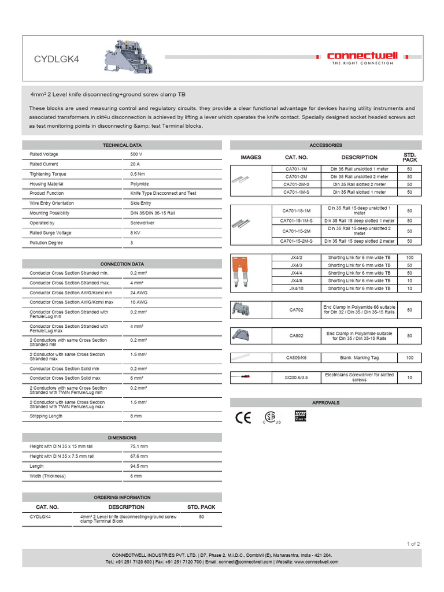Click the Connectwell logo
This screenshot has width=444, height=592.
coord(362,58)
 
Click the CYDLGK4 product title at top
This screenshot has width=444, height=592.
coord(56,58)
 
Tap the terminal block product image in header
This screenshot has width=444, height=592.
coord(128,57)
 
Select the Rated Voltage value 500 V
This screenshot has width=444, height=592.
coord(136,154)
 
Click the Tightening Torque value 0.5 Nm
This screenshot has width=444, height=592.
coord(138,174)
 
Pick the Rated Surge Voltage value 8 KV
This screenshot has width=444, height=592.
coord(136,233)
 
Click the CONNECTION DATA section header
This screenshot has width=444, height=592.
coord(122,264)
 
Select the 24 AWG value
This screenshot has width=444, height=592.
coord(139,293)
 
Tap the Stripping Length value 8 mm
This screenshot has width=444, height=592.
coord(136,416)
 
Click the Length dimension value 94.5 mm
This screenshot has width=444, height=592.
coord(139,466)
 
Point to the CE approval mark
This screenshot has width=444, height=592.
coord(243,417)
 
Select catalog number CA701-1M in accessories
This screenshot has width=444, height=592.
coord(297,169)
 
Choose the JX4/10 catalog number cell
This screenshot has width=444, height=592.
coord(297,288)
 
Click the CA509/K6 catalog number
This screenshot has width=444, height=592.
coord(297,358)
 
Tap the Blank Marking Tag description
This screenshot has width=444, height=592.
coord(359,358)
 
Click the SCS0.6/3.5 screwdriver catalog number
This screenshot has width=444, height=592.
coord(297,378)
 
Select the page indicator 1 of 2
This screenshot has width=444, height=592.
coord(413,543)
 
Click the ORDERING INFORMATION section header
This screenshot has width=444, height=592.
coord(122,497)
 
